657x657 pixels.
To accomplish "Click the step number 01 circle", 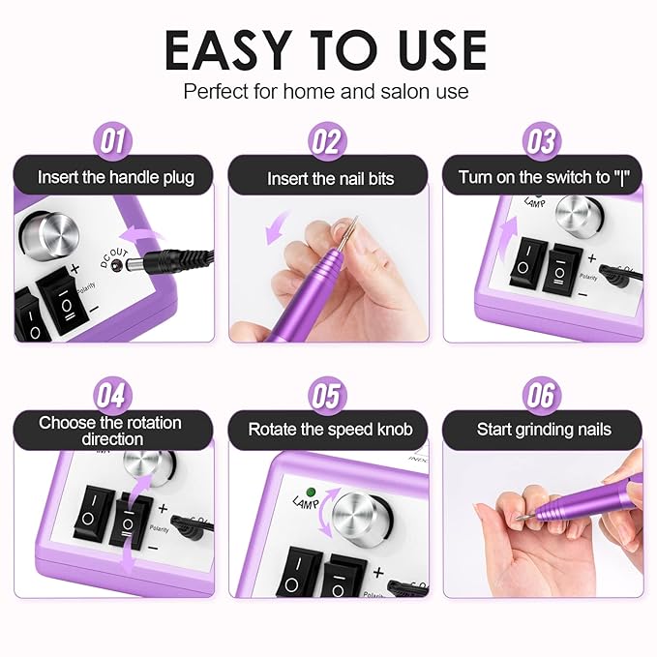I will click(x=113, y=142).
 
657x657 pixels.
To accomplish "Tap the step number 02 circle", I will click(x=328, y=142).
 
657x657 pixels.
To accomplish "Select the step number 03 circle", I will click(x=542, y=142).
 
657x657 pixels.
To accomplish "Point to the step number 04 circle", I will click(x=113, y=396).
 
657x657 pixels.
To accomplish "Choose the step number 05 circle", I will click(x=328, y=396).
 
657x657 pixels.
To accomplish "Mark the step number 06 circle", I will click(x=542, y=396).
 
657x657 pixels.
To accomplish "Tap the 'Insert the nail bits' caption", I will click(x=331, y=179).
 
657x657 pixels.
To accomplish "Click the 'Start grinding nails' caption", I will click(x=544, y=430).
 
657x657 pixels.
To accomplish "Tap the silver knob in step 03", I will click(x=580, y=215).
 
